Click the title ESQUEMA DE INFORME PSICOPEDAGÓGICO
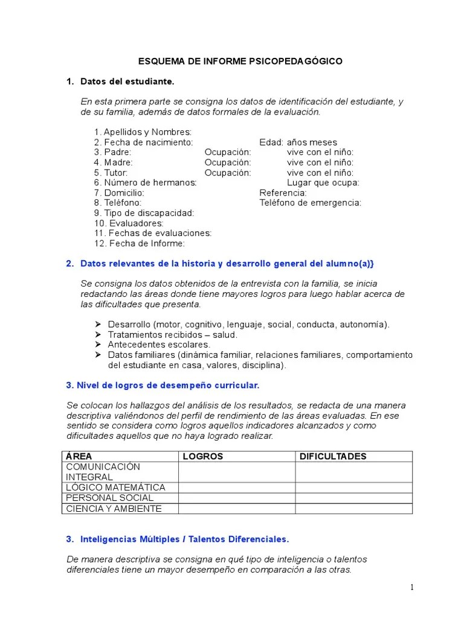click(x=240, y=61)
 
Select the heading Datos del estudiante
click(x=127, y=81)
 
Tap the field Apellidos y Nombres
click(x=143, y=132)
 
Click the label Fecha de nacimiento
click(x=143, y=142)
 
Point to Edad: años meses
click(x=298, y=142)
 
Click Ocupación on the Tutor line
click(x=227, y=173)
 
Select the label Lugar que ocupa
click(x=323, y=182)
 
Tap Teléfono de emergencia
click(x=310, y=203)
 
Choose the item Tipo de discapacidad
click(x=144, y=213)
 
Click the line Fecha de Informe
click(x=139, y=243)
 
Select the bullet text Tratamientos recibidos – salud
click(x=172, y=334)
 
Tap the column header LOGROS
click(x=202, y=456)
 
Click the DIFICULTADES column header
click(x=333, y=456)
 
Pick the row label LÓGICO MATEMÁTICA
click(x=115, y=488)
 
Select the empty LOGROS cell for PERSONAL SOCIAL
click(x=237, y=498)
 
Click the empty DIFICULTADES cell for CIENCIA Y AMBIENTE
click(x=353, y=508)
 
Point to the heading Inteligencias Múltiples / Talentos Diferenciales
click(x=185, y=539)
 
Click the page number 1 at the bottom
click(x=411, y=588)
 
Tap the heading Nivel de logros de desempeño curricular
click(x=163, y=384)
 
